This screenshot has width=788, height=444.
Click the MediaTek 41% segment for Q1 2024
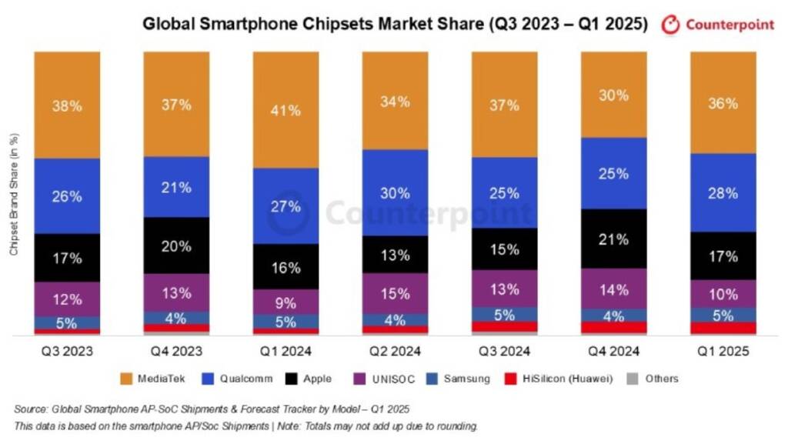click(x=285, y=109)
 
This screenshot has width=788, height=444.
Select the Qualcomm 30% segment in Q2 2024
click(x=395, y=192)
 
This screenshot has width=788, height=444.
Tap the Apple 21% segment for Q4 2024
click(x=613, y=239)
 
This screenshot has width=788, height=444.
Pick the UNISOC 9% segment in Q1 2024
click(x=285, y=302)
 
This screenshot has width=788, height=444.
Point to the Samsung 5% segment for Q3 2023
click(x=67, y=323)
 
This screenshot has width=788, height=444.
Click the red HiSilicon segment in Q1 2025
click(x=723, y=329)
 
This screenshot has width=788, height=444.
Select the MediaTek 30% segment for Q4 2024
click(x=613, y=95)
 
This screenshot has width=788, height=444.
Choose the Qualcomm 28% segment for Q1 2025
click(x=723, y=192)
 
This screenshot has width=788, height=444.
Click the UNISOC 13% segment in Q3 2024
click(x=504, y=289)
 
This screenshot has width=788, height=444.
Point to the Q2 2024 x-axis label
click(x=395, y=351)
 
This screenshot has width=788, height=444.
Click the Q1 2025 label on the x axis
click(x=723, y=351)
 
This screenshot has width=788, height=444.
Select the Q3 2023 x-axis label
click(x=67, y=351)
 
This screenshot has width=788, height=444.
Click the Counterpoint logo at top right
click(x=718, y=24)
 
